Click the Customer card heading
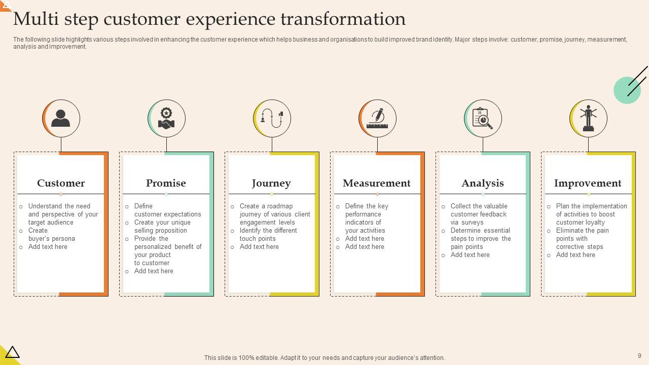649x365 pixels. point(61,183)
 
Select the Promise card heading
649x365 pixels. point(166,183)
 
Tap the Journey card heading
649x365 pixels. point(271,183)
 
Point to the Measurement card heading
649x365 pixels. point(377,183)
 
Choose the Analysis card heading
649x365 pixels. point(483,183)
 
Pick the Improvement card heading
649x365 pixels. point(588,183)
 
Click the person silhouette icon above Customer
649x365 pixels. point(61,119)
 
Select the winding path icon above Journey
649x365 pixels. point(272,119)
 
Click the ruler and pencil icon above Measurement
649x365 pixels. point(378,119)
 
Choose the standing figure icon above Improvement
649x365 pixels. point(588,119)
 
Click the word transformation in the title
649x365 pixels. point(343,19)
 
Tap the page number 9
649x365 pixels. point(639,356)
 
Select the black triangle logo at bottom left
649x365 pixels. point(12,352)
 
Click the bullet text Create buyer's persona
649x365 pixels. point(51,235)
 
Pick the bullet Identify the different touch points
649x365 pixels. point(268,235)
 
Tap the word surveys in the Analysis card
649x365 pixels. point(472,223)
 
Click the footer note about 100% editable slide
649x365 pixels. point(324,358)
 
